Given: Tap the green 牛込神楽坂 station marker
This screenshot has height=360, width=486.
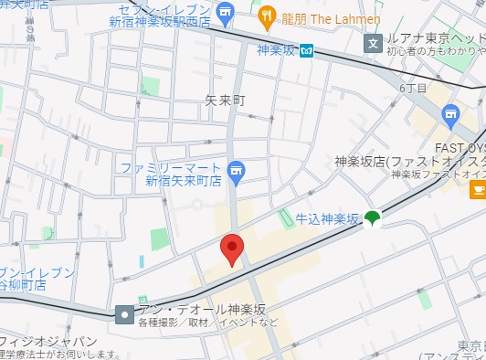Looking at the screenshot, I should [372, 218].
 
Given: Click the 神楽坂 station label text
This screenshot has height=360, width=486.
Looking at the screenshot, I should [277, 51].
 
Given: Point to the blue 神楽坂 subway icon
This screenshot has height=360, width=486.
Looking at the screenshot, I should [308, 51].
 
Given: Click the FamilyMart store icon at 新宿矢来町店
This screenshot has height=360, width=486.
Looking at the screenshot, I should [236, 170].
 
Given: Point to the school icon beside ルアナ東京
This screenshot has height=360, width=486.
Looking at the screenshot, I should [372, 42].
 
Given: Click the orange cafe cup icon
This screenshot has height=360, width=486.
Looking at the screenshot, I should [477, 189].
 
